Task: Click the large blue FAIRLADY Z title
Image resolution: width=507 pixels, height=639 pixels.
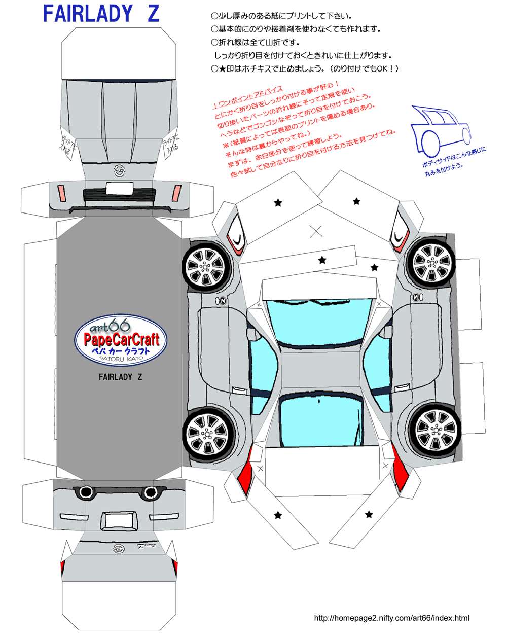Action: (101, 14)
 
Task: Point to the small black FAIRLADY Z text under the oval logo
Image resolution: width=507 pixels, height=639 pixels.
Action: (120, 377)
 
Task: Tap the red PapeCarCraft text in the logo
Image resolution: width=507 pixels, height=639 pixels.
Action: (122, 339)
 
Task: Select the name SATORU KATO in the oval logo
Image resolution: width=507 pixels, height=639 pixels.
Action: (121, 359)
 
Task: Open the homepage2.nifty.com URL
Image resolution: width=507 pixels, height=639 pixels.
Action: (391, 618)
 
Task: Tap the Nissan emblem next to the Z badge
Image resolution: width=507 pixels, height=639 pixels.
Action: (118, 548)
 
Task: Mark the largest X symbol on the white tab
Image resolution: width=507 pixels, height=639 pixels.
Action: (316, 232)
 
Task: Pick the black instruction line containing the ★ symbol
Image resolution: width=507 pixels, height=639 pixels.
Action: (305, 68)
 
